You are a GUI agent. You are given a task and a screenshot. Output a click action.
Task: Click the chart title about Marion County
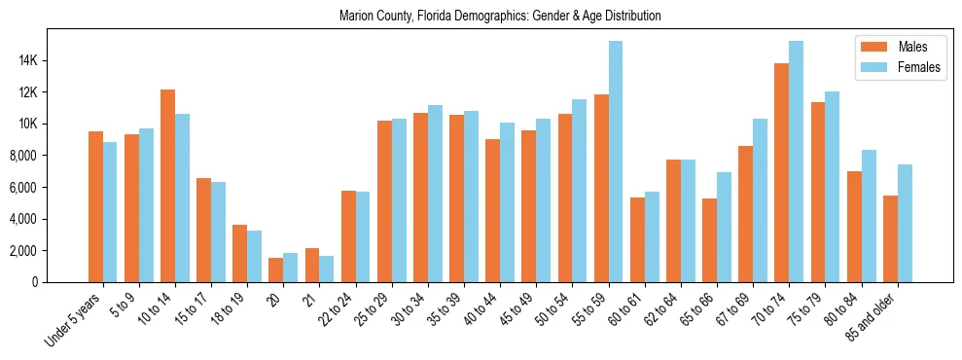pos(500,17)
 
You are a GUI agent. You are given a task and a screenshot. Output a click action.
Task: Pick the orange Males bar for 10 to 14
pos(168,186)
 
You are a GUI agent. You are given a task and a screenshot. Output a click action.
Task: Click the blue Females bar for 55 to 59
pos(616,162)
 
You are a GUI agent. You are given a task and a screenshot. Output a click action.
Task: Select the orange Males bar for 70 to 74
pos(781,173)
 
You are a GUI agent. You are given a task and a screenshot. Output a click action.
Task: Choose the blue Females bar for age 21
pos(327,269)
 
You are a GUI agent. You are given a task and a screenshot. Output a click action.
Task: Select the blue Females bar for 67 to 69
pos(760,200)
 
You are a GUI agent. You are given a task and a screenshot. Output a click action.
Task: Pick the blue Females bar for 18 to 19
pos(255,257)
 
